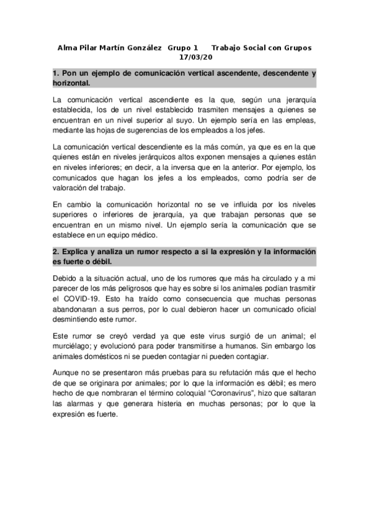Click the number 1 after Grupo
coord(195,48)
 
